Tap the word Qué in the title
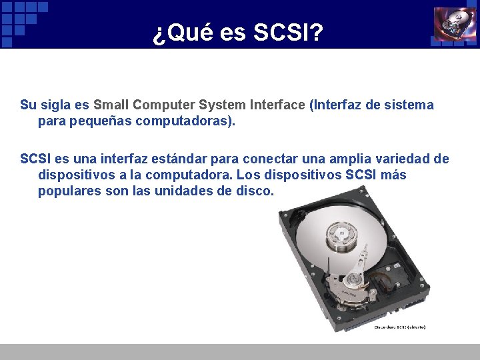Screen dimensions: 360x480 [184, 32]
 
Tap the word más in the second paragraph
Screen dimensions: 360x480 [393, 175]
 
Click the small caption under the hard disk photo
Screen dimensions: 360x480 [400, 327]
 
